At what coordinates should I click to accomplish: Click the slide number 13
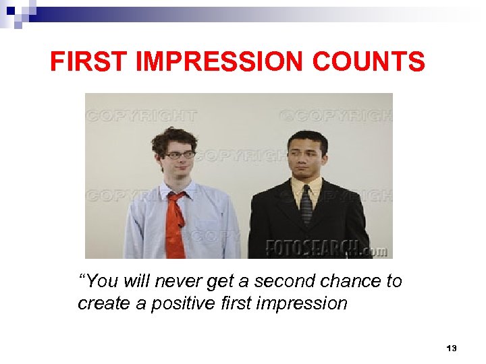452,348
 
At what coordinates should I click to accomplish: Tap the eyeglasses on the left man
180,154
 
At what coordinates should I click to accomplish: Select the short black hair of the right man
307,139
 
